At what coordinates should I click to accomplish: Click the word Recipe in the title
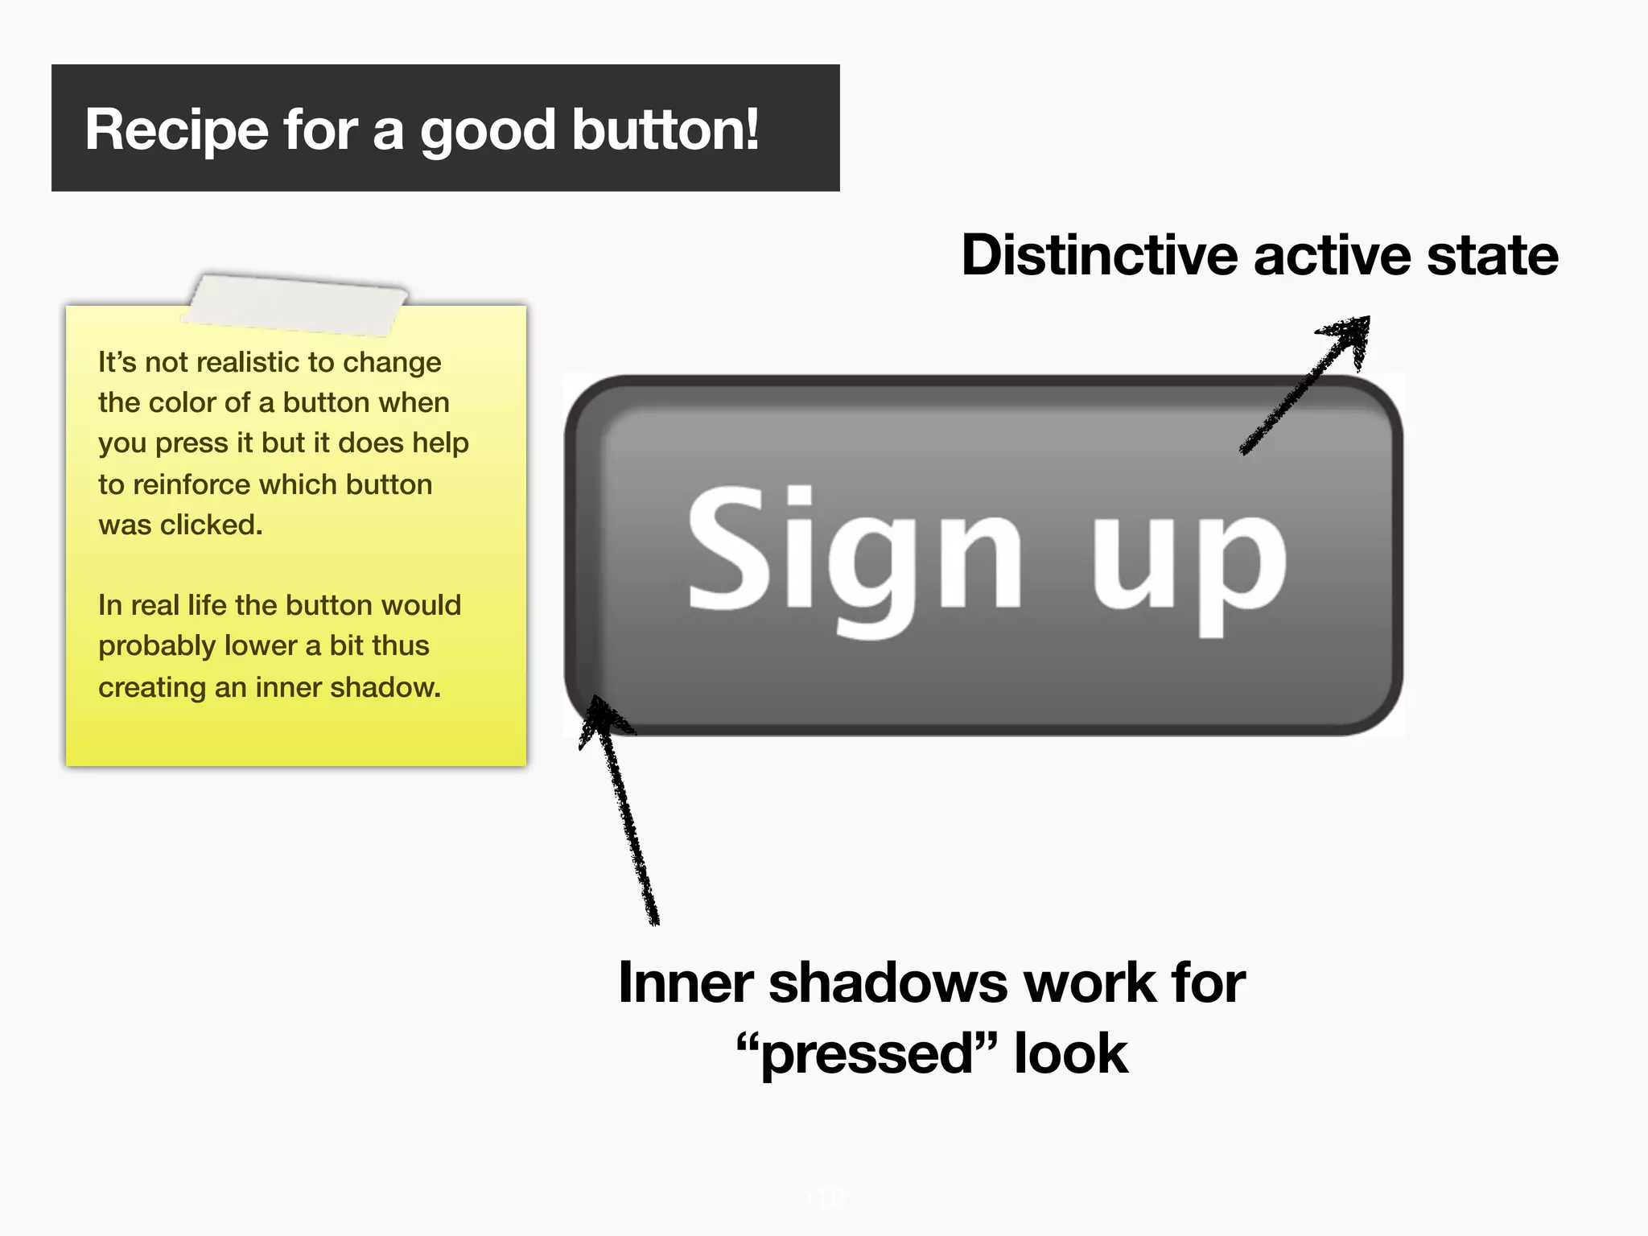click(x=176, y=130)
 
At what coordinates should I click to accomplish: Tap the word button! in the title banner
click(x=665, y=130)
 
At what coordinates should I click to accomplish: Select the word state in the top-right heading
click(x=1492, y=256)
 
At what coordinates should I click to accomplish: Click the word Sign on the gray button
click(x=853, y=555)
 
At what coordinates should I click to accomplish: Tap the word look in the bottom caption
click(x=1070, y=1054)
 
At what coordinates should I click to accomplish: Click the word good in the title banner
click(x=488, y=130)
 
